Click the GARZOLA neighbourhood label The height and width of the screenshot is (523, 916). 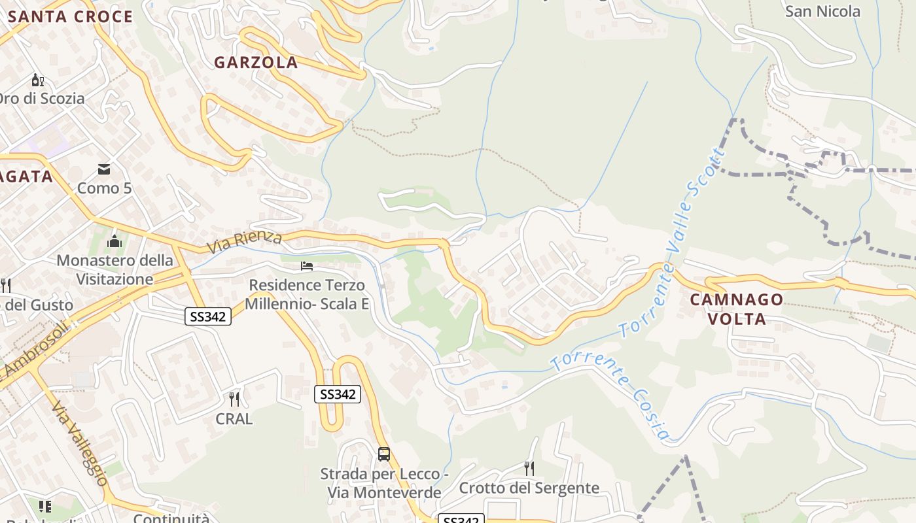pyautogui.click(x=256, y=63)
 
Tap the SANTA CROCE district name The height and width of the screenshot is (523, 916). pyautogui.click(x=70, y=17)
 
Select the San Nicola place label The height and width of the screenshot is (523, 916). pyautogui.click(x=822, y=11)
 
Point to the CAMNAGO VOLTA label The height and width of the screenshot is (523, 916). pyautogui.click(x=737, y=309)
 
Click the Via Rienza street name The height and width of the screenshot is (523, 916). pyautogui.click(x=245, y=242)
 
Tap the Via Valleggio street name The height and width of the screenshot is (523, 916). pyautogui.click(x=79, y=443)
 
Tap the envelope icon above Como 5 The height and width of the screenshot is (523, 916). pyautogui.click(x=104, y=170)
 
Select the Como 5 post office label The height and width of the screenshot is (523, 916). pyautogui.click(x=104, y=189)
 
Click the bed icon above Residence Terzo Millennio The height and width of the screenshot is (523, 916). pyautogui.click(x=306, y=266)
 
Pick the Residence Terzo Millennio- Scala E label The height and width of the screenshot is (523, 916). pyautogui.click(x=307, y=295)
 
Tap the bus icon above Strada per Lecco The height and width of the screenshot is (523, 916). pyautogui.click(x=384, y=454)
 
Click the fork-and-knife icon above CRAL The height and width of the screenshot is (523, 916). pyautogui.click(x=234, y=399)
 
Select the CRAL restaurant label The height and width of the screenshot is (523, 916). pyautogui.click(x=234, y=419)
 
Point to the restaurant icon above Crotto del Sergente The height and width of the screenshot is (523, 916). pyautogui.click(x=529, y=468)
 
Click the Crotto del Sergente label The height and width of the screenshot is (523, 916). pyautogui.click(x=529, y=488)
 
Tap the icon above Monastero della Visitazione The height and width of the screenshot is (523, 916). pyautogui.click(x=114, y=241)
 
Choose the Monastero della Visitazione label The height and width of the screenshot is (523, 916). pyautogui.click(x=114, y=270)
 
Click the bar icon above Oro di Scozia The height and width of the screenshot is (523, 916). pyautogui.click(x=38, y=80)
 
